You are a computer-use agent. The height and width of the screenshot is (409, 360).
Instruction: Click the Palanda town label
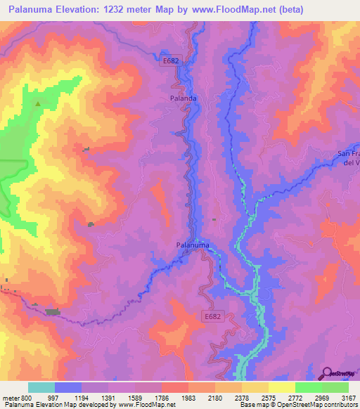click(x=184, y=99)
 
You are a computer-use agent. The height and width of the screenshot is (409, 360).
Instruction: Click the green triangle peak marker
click(x=38, y=103)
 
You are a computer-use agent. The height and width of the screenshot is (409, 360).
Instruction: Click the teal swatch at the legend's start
click(x=41, y=387)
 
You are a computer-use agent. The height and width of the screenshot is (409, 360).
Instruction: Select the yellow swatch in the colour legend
click(x=281, y=387)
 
